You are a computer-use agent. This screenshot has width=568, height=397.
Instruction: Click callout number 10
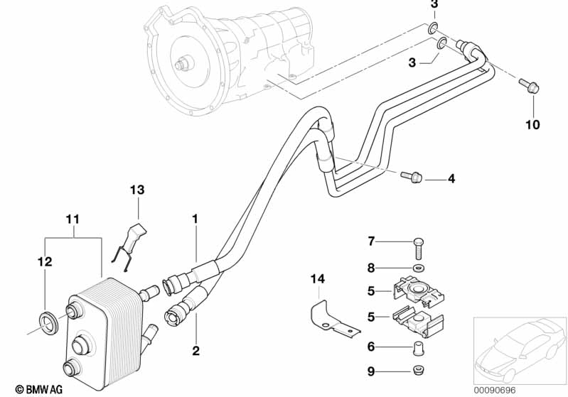(532, 125)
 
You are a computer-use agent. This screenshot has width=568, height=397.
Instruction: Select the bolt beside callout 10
(530, 86)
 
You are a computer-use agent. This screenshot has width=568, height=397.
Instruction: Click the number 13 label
(136, 190)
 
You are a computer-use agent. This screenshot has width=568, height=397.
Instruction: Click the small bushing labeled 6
(417, 347)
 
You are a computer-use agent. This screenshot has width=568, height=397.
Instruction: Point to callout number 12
(44, 262)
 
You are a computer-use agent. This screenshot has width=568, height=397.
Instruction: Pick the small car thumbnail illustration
(518, 348)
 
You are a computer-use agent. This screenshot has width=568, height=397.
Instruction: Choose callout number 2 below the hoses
(195, 350)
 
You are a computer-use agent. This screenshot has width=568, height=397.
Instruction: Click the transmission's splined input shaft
(183, 64)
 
